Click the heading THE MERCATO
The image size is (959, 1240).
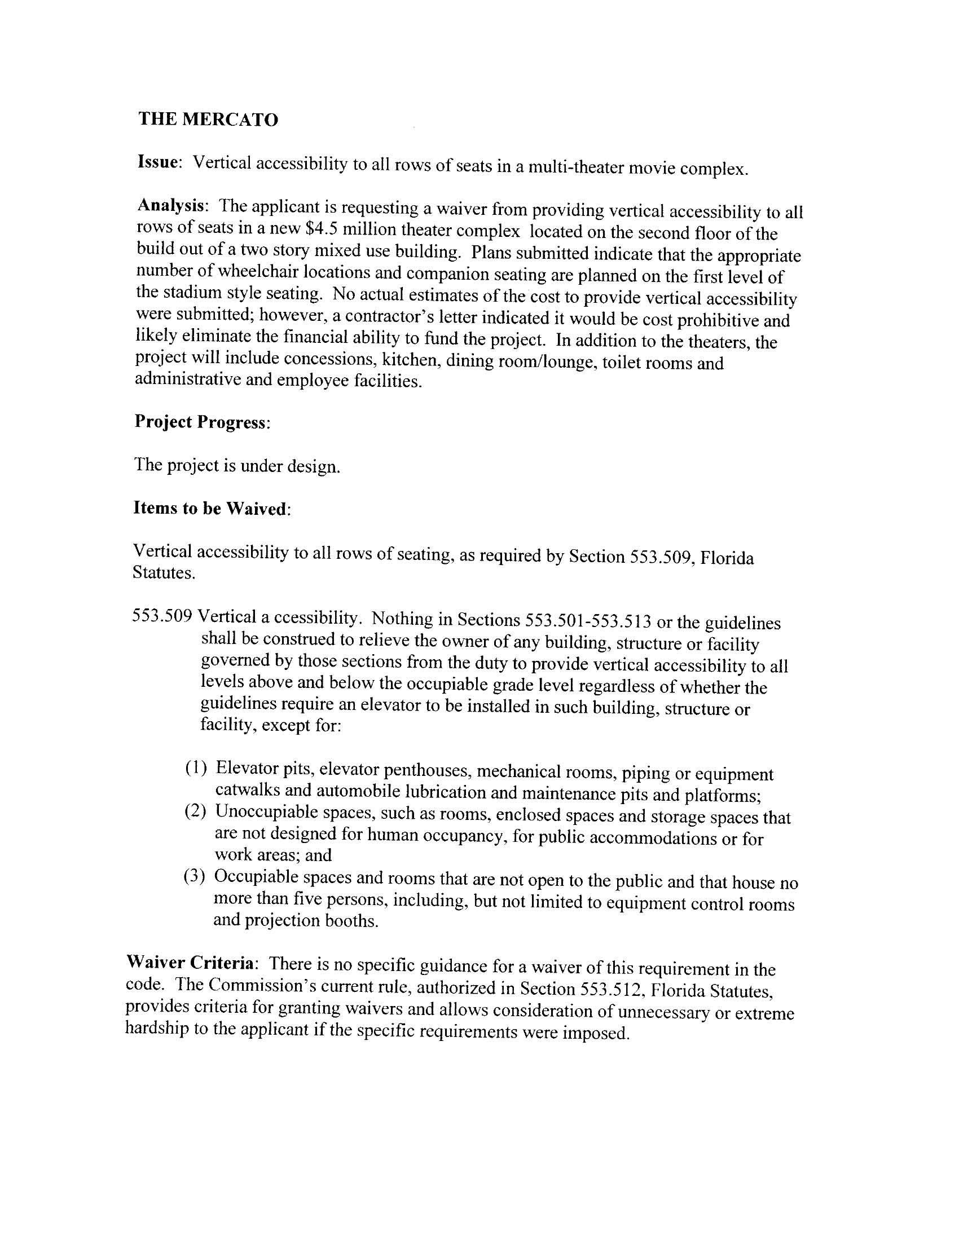(209, 120)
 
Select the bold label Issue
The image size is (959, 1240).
(158, 162)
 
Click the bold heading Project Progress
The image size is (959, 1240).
(201, 422)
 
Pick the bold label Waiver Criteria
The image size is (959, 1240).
(191, 963)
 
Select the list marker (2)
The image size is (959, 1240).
(194, 812)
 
